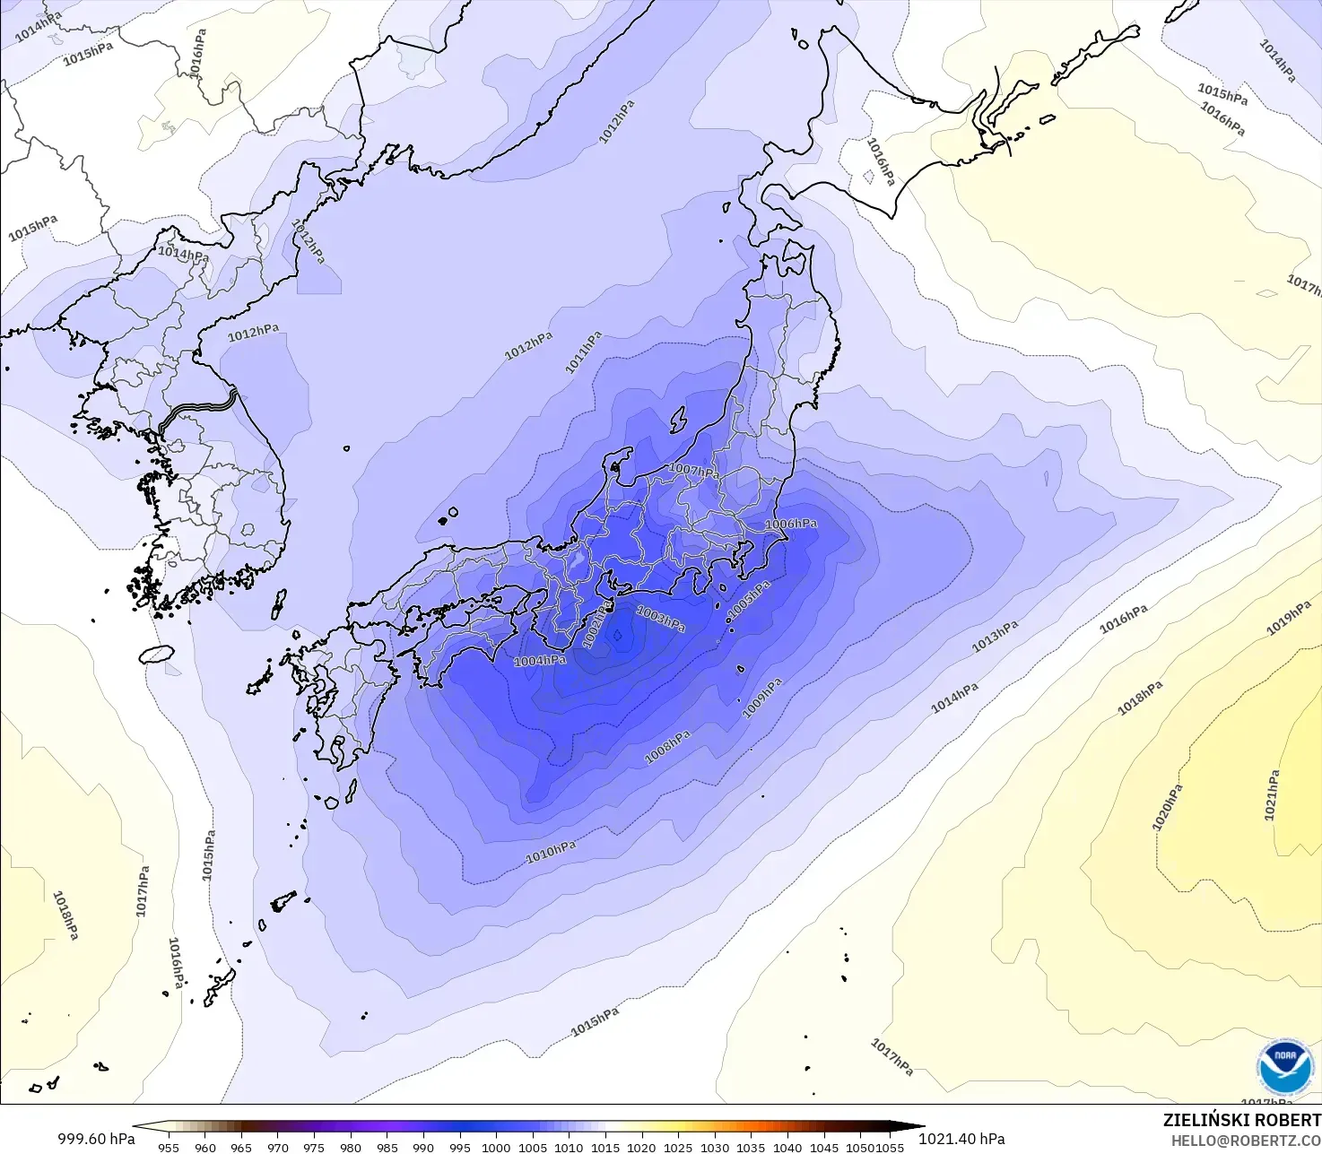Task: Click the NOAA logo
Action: [1284, 1068]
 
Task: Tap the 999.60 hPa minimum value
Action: [96, 1139]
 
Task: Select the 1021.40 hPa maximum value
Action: [961, 1139]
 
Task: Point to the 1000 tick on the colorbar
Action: [496, 1147]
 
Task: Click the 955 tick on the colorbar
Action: [168, 1147]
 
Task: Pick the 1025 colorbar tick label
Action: [678, 1147]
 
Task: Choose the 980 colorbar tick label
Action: [350, 1147]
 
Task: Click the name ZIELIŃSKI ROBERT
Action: [1241, 1120]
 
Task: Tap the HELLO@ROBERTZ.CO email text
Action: [1246, 1141]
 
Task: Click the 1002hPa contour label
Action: [597, 624]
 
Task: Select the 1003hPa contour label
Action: [661, 618]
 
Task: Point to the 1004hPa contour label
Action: [540, 661]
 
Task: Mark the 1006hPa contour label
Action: [791, 524]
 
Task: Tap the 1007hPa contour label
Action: [694, 470]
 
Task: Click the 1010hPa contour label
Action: [551, 852]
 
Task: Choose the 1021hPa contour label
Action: [1272, 795]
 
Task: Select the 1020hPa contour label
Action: [1167, 807]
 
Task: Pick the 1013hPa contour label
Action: [996, 637]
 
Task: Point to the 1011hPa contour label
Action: [583, 352]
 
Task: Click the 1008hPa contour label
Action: [668, 748]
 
